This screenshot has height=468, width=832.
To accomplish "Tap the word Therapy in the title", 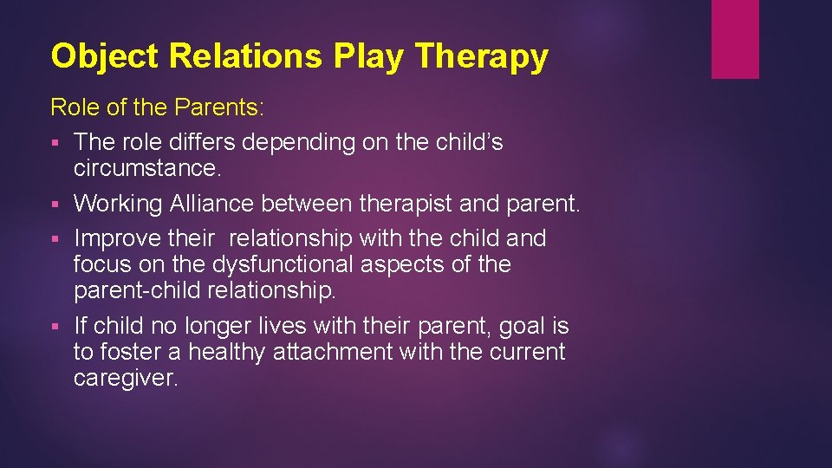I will point(482,56).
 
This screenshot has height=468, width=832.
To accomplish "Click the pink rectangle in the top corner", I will point(735,39).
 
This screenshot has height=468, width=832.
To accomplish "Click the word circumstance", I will point(148,167).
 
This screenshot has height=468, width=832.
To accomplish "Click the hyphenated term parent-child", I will point(138,289).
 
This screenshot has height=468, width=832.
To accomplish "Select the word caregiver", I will point(126,378).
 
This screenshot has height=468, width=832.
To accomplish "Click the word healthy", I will point(227,352).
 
